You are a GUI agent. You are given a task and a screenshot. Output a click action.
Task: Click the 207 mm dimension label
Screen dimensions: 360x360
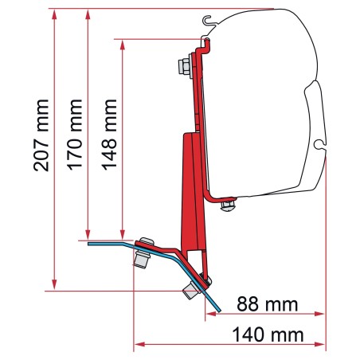(x=41, y=135)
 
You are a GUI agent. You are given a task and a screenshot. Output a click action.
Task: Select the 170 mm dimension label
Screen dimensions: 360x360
(x=75, y=135)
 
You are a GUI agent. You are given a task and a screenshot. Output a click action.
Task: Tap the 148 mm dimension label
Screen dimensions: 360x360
(x=109, y=135)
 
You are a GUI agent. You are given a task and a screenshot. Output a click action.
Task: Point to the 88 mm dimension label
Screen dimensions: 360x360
(x=267, y=304)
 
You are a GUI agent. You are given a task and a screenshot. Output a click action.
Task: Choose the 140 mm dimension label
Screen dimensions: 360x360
(x=268, y=335)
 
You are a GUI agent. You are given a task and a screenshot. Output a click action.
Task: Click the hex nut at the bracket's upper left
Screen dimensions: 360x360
(x=184, y=66)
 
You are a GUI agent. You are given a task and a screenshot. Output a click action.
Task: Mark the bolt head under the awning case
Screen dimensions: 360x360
(x=228, y=205)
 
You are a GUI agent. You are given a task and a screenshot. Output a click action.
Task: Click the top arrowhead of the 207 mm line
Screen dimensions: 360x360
(x=54, y=14)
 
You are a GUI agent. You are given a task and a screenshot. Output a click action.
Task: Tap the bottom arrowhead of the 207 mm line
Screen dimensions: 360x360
(x=54, y=284)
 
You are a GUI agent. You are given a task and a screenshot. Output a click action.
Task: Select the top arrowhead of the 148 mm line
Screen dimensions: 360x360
(x=123, y=45)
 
